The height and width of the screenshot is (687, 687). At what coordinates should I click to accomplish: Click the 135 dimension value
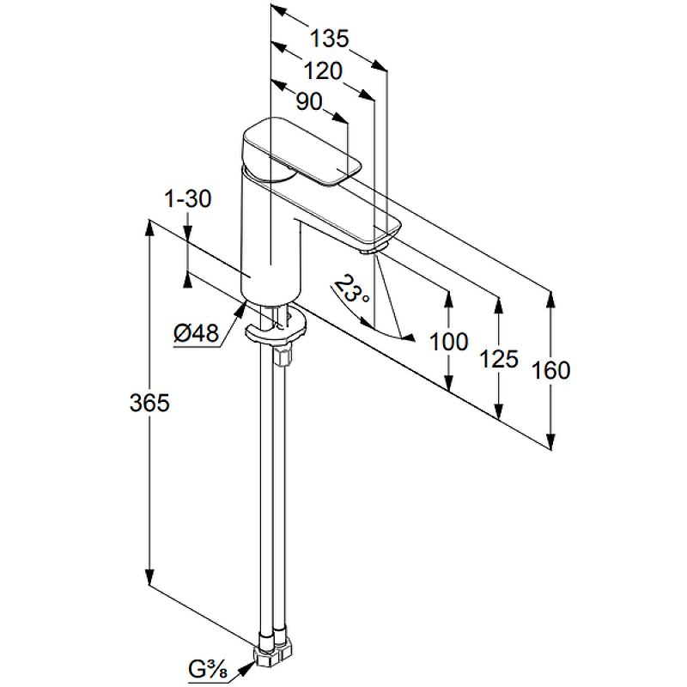click(x=330, y=38)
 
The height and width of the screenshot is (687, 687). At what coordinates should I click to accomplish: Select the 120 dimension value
click(x=322, y=70)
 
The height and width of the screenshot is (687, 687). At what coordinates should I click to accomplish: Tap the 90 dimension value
click(x=308, y=101)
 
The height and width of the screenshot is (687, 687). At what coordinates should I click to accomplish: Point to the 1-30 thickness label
click(x=187, y=199)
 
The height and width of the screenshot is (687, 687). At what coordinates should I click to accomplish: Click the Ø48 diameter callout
click(x=196, y=332)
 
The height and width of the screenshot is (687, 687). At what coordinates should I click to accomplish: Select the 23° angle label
click(x=351, y=289)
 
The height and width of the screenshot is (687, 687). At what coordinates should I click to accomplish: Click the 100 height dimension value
click(x=448, y=342)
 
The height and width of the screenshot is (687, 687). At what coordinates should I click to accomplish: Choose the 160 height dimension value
click(x=550, y=370)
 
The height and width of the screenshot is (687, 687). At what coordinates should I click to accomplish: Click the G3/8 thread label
click(x=206, y=667)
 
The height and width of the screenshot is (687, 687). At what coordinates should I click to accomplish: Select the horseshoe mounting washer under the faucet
click(x=276, y=329)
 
